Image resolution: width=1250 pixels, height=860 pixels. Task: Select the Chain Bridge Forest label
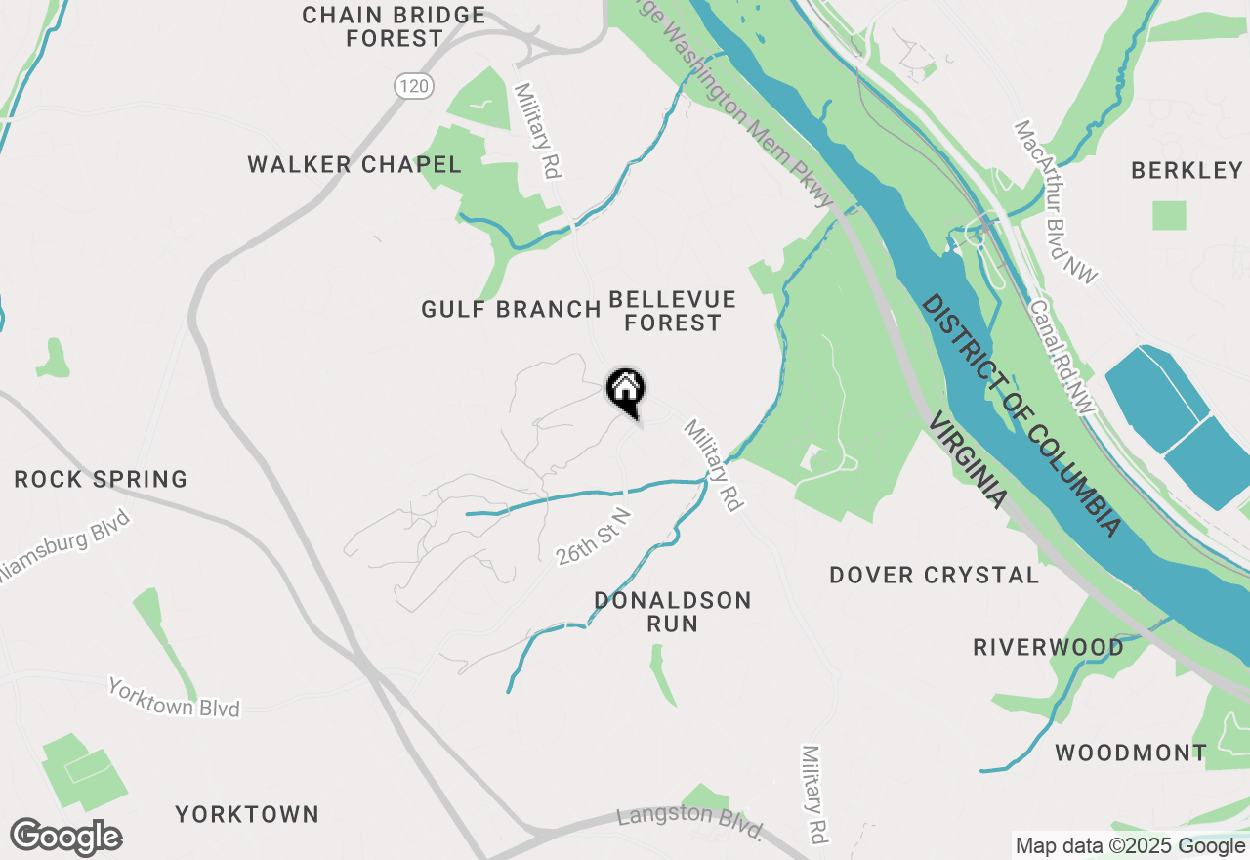tap(394, 26)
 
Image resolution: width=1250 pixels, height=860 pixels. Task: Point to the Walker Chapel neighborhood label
tap(354, 164)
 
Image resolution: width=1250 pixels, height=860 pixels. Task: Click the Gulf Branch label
tap(511, 310)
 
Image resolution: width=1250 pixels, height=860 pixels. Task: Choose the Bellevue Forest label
tap(672, 310)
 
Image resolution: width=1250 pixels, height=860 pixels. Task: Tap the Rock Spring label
tap(101, 479)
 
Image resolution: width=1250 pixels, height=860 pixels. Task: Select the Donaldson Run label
tap(673, 611)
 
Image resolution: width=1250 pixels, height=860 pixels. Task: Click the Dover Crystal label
tap(934, 575)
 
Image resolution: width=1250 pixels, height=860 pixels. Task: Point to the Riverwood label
tap(1048, 647)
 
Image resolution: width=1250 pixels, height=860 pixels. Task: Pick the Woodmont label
tap(1131, 752)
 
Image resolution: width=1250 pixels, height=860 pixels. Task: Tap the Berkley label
tap(1187, 170)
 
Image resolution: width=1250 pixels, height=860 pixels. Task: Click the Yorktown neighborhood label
tap(247, 814)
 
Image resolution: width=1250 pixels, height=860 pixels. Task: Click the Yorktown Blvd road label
tap(174, 698)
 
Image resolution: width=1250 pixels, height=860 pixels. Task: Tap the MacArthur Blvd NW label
tap(1056, 202)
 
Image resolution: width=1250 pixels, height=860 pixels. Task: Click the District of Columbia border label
tap(1021, 414)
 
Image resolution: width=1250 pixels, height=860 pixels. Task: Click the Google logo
tap(65, 838)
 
